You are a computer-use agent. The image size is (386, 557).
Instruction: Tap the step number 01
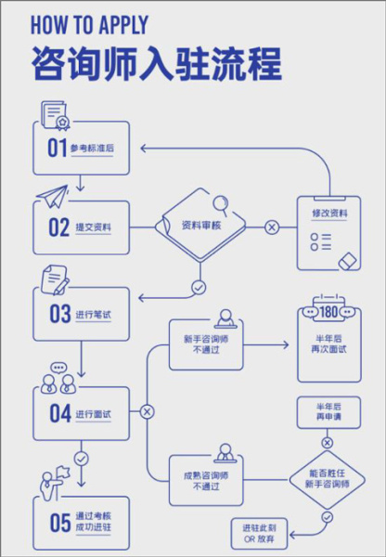[x=58, y=149]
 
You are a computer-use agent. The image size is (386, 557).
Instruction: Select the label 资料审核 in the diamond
[x=200, y=226]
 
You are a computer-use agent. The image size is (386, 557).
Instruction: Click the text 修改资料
[x=329, y=214]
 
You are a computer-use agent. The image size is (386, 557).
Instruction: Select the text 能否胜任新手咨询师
[x=327, y=477]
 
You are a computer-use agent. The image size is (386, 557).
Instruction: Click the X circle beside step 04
[x=147, y=411]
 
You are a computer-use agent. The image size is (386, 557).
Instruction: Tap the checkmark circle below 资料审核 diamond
[x=198, y=287]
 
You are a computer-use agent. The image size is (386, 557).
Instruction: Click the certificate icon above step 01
[x=56, y=116]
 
